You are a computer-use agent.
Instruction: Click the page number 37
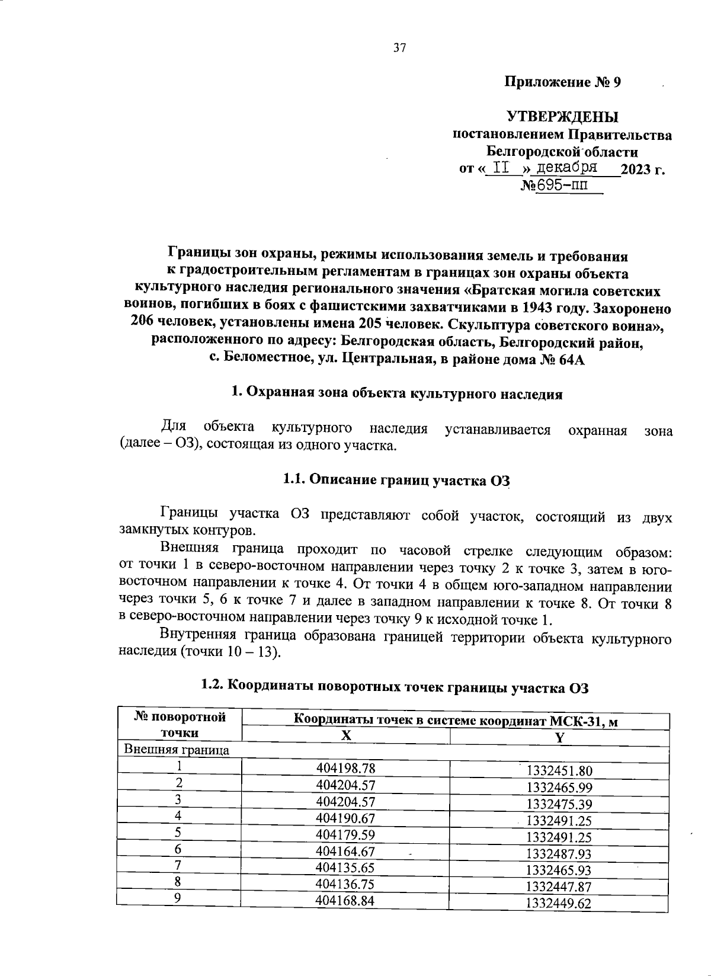click(399, 49)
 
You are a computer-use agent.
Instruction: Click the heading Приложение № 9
click(562, 82)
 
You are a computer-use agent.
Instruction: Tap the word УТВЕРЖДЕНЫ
click(562, 117)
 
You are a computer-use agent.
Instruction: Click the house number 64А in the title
click(571, 360)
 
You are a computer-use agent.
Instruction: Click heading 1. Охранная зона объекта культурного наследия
click(396, 393)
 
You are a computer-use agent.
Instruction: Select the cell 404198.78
click(346, 769)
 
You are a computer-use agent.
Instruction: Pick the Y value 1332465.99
click(559, 788)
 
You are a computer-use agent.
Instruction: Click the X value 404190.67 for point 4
click(346, 818)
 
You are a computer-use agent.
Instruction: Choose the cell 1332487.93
click(559, 854)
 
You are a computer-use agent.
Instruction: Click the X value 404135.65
click(346, 868)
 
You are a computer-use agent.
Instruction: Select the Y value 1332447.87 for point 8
click(559, 887)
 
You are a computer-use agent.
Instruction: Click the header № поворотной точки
click(180, 725)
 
